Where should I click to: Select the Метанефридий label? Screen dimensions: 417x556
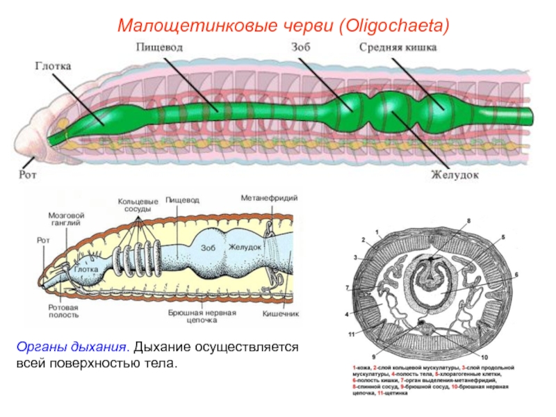click(269, 199)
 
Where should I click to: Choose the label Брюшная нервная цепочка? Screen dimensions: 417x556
click(202, 317)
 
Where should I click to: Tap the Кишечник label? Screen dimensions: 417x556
click(280, 313)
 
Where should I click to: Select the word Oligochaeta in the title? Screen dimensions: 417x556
click(393, 26)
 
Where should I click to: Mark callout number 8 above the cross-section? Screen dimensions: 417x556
click(468, 220)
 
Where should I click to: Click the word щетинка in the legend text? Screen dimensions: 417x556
click(397, 393)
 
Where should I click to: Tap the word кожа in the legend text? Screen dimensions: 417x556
click(363, 366)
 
